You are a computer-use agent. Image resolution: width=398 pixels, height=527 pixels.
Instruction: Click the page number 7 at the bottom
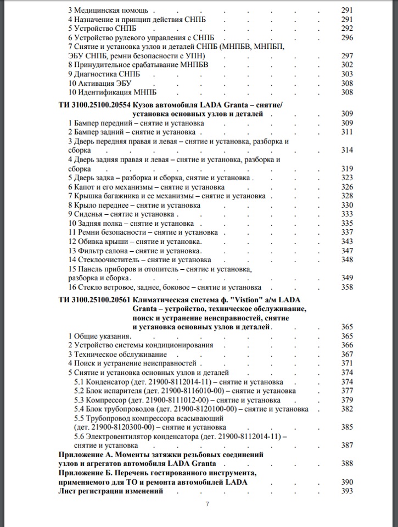207,505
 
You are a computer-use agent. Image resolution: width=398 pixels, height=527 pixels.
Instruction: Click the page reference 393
346,491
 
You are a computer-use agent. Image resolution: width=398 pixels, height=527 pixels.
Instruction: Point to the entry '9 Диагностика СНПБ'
104,74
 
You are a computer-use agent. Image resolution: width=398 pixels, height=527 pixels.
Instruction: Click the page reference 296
346,37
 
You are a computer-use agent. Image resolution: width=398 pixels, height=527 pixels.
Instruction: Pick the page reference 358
346,287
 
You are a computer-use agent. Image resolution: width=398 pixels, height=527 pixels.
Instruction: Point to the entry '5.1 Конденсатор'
103,381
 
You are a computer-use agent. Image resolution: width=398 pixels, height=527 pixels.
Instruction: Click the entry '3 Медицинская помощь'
109,10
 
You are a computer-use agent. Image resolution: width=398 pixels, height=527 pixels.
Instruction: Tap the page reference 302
346,65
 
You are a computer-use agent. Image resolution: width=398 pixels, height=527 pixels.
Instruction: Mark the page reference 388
346,464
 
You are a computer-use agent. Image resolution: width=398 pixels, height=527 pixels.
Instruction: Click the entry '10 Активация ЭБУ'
102,83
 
